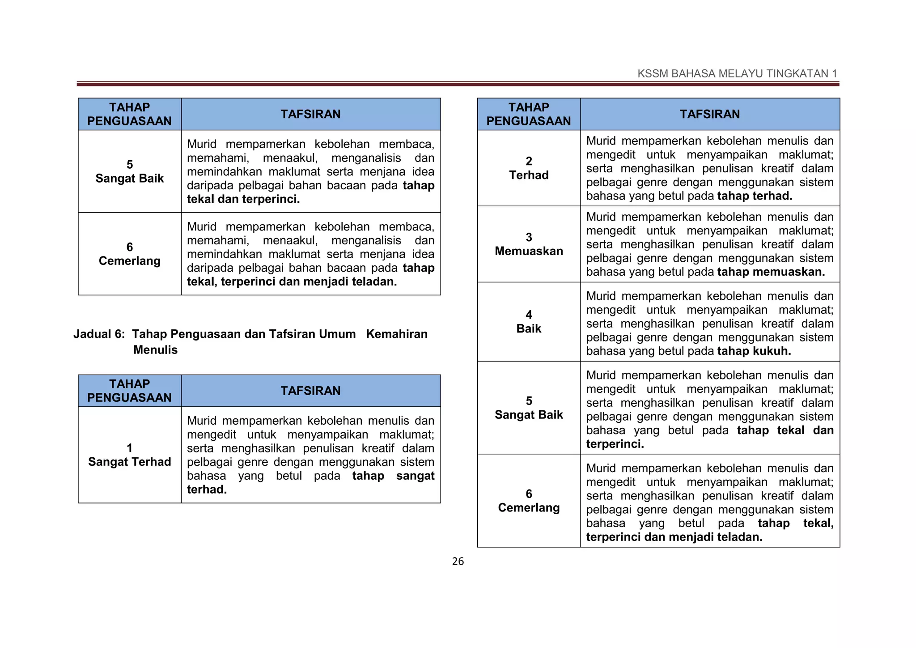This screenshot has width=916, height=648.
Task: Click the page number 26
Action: tap(458, 561)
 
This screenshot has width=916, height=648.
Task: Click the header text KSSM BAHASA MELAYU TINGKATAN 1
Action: tap(737, 74)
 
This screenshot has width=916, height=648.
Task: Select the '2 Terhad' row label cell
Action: tap(529, 168)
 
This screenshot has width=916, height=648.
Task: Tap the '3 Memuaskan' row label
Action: tap(529, 244)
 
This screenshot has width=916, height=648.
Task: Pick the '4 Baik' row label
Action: tap(529, 322)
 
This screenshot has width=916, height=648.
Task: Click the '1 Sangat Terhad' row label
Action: tap(129, 455)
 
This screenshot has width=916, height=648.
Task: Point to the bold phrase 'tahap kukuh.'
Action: tap(754, 351)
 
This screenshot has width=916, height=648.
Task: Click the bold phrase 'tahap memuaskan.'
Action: tap(771, 272)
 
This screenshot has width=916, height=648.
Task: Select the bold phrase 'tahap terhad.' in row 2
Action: tap(755, 196)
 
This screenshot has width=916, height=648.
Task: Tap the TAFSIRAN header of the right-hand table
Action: tap(710, 114)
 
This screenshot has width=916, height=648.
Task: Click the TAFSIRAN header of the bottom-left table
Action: tap(310, 391)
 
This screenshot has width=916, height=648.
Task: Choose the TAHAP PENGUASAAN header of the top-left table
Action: tap(129, 114)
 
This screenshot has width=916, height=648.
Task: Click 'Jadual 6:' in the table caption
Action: tap(99, 334)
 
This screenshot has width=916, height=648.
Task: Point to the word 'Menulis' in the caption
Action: tap(155, 350)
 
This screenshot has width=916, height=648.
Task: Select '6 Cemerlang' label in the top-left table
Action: tap(129, 254)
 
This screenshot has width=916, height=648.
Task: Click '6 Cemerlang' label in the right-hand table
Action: tap(529, 501)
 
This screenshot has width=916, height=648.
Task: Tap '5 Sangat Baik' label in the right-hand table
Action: tap(529, 408)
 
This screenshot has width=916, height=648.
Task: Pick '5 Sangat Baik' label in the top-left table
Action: tap(129, 171)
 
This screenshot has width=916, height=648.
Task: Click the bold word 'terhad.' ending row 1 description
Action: tap(207, 490)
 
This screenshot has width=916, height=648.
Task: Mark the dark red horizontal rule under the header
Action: tap(458, 84)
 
